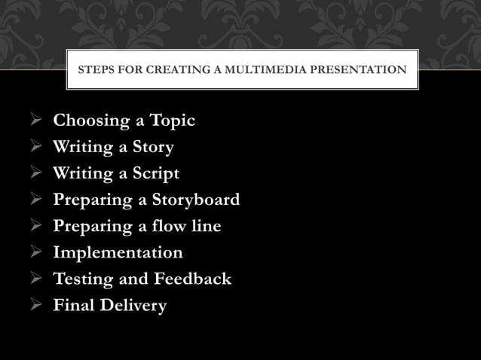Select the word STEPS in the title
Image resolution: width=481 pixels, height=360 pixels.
click(96, 71)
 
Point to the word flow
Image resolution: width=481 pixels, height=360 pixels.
click(173, 226)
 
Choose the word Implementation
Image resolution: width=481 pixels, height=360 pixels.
click(118, 252)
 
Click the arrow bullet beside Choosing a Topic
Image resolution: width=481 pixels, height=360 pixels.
click(36, 121)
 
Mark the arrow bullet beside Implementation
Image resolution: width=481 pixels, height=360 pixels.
click(36, 253)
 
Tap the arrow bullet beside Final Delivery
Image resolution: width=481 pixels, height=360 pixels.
click(36, 306)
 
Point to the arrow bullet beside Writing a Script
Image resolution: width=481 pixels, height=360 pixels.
click(36, 173)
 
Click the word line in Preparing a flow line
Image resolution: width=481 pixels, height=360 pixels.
click(207, 226)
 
